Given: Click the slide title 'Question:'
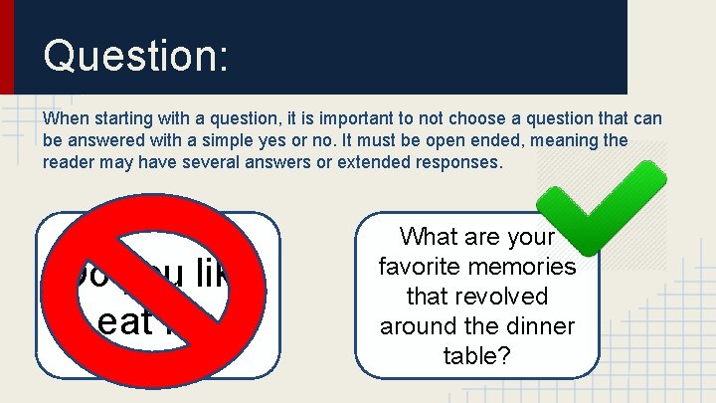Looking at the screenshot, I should pos(136,55).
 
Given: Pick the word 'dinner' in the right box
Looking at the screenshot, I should pos(541,326).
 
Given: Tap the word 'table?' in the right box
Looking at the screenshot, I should pos(477,356).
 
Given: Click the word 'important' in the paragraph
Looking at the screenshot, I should pos(303,118).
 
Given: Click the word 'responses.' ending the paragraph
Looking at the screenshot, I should pos(455,162).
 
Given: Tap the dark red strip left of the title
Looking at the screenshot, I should pos(6,47).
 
